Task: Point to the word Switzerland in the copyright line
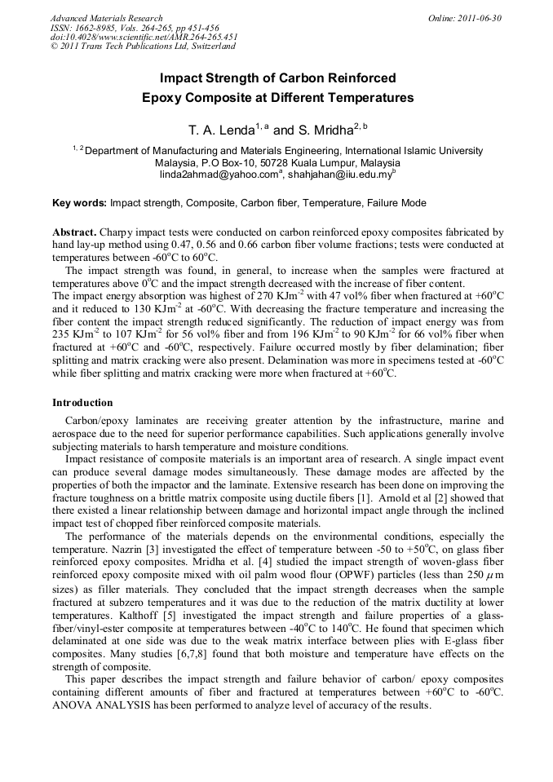click(x=208, y=46)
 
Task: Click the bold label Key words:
click(x=79, y=203)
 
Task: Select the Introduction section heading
click(x=82, y=403)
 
